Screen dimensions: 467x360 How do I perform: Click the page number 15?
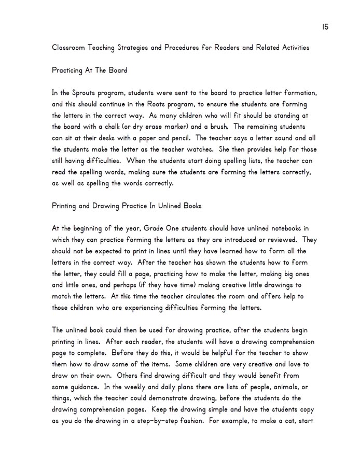pos(325,26)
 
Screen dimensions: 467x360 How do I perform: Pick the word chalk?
pos(118,127)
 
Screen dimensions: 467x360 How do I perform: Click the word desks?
pos(117,138)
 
